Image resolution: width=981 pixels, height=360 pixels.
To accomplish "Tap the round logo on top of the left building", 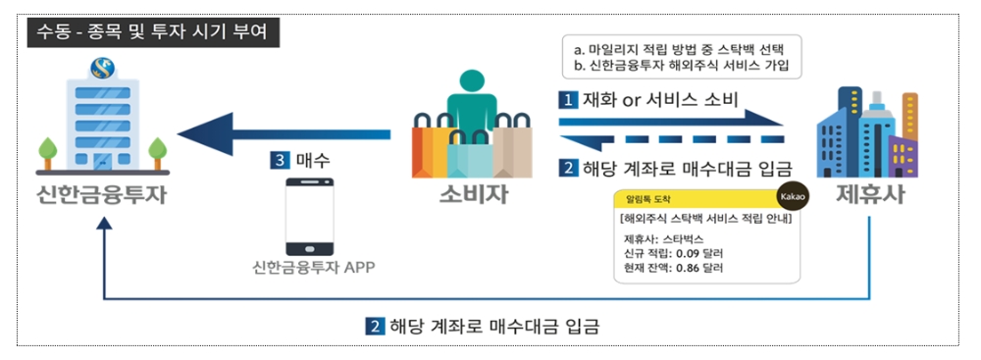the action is coord(101,69).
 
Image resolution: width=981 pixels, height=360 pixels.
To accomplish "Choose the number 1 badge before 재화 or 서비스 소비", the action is coord(567,100).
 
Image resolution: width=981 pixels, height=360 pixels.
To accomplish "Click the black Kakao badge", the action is coord(792,196).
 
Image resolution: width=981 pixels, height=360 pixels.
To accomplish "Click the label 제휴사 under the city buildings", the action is coord(869,194).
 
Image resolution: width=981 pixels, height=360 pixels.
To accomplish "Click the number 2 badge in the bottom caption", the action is coord(374,326).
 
